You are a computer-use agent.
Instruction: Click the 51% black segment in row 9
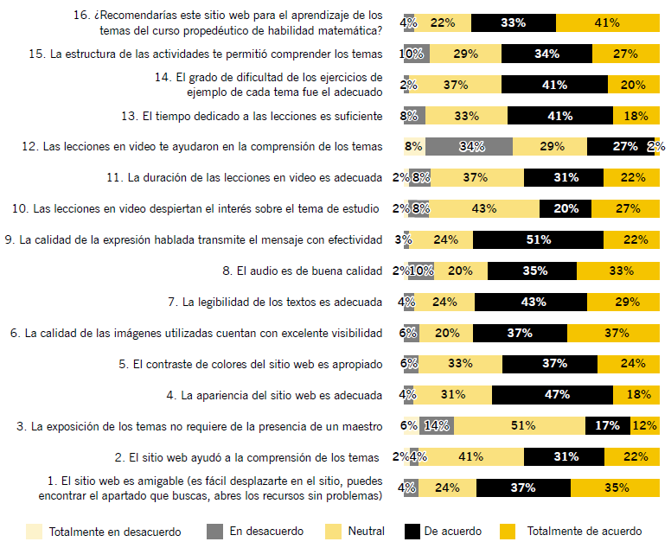[538, 239]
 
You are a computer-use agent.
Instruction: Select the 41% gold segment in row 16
[607, 23]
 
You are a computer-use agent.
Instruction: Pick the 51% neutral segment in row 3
[519, 425]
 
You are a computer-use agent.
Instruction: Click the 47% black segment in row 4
[553, 395]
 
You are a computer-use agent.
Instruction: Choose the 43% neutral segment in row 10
[483, 208]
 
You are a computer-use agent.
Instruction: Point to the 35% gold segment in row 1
[616, 487]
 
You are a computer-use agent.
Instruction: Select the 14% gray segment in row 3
[437, 425]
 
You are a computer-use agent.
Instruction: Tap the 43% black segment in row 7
[530, 302]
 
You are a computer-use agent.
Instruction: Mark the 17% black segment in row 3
[607, 425]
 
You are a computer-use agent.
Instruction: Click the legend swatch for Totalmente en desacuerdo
[34, 531]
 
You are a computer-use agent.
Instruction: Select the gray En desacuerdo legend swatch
[215, 531]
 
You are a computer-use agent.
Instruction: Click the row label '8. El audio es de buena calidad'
[302, 271]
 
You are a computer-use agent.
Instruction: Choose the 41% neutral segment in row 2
[471, 456]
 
